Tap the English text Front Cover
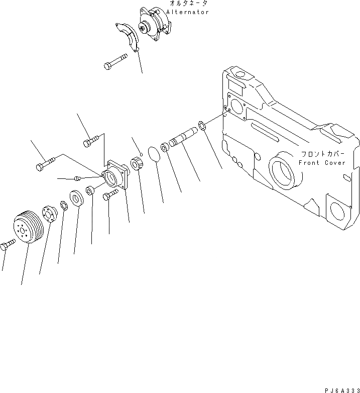tap(322, 163)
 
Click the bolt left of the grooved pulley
tap(8, 245)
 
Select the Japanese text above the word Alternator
tap(188, 4)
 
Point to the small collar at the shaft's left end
tap(165, 148)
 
